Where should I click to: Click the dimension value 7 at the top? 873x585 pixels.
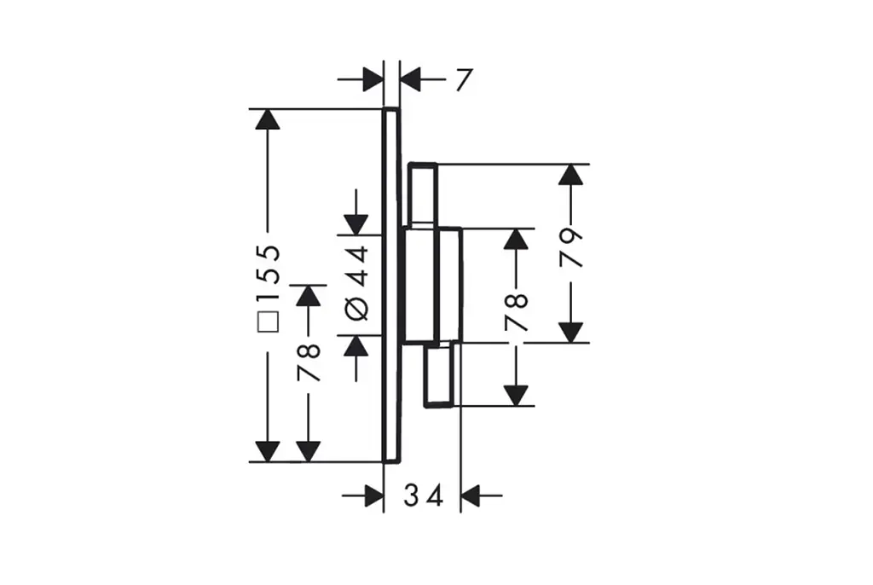[x=463, y=79]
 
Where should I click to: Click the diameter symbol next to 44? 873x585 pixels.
[x=357, y=309]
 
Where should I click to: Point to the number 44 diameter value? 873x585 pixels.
[x=357, y=266]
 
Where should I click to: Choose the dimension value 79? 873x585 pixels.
[x=571, y=246]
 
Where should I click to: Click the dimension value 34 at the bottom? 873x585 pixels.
[x=423, y=495]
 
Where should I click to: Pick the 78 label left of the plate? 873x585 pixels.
[x=309, y=362]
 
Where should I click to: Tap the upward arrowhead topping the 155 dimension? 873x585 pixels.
[x=267, y=119]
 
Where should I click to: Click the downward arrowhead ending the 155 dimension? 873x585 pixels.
[x=267, y=451]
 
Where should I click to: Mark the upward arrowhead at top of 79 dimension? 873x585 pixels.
[x=570, y=174]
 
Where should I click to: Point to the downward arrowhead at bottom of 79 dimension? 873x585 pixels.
[x=570, y=333]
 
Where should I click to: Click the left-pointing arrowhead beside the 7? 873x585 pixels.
[x=410, y=79]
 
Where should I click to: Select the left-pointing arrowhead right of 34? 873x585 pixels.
[x=471, y=495]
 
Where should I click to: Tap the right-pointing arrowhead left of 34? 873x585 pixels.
[x=373, y=495]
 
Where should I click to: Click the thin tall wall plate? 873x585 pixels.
[x=391, y=286]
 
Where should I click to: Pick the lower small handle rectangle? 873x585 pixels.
[x=441, y=374]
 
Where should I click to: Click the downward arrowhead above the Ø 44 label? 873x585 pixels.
[x=356, y=224]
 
